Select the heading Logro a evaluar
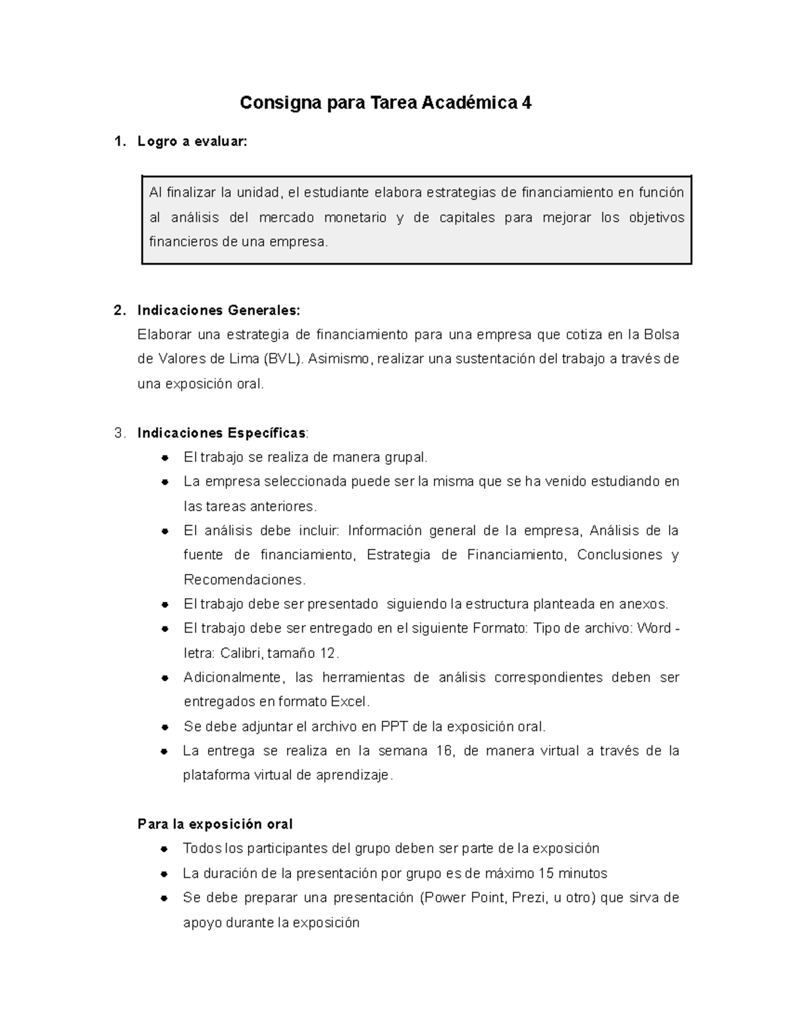point(192,141)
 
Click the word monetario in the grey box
point(355,218)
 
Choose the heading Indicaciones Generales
point(218,311)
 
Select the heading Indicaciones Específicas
point(221,433)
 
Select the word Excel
point(349,702)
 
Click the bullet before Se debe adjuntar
point(165,727)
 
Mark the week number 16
point(444,751)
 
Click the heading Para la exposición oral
point(215,825)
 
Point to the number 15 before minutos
point(546,874)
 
